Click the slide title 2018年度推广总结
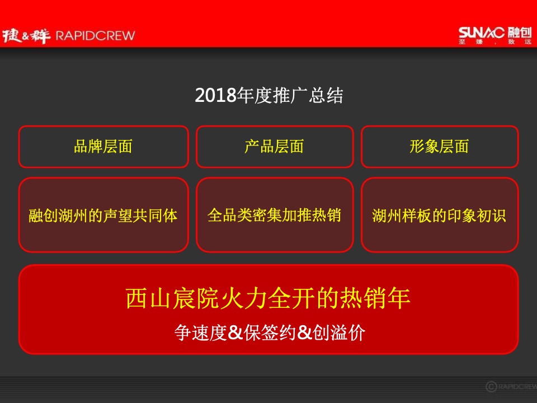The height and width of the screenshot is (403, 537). pos(268,96)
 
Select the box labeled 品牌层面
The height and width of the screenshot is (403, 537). pos(103,147)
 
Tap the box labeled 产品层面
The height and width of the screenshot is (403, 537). pos(274,147)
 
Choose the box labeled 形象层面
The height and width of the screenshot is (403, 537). pos(439,147)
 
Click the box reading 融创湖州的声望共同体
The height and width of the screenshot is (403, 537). pos(103,215)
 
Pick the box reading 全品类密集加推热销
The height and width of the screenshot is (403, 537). pos(274,215)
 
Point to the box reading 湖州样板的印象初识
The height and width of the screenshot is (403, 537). pos(439,215)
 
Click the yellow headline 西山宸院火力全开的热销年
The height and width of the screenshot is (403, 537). pos(268,298)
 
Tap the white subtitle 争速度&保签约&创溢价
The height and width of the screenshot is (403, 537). pos(269,332)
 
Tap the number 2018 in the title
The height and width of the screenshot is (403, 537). pos(216,96)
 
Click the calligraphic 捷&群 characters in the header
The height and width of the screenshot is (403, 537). pos(26,36)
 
